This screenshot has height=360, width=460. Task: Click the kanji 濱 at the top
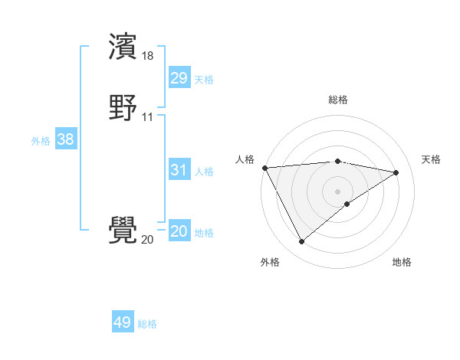click(x=123, y=47)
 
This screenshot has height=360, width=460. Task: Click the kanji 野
click(x=123, y=108)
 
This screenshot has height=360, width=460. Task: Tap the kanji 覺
click(x=123, y=231)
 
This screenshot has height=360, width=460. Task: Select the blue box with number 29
click(x=179, y=78)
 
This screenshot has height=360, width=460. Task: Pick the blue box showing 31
click(x=179, y=170)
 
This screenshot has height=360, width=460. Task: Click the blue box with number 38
click(x=65, y=139)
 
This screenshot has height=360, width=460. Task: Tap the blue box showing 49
click(x=123, y=322)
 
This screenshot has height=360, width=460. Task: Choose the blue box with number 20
click(x=179, y=231)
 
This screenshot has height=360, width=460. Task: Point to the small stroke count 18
click(x=148, y=56)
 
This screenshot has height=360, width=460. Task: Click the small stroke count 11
click(x=147, y=117)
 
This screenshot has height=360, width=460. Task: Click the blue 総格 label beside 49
click(x=147, y=324)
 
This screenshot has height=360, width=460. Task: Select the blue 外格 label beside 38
click(x=41, y=141)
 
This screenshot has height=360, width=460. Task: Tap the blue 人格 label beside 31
click(x=204, y=172)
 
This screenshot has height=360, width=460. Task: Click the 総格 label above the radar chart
click(x=338, y=100)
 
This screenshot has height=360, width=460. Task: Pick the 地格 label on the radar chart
click(x=402, y=262)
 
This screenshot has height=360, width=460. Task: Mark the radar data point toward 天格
click(x=396, y=172)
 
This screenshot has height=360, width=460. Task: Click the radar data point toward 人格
click(x=264, y=168)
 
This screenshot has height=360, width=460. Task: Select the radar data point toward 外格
click(x=301, y=242)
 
